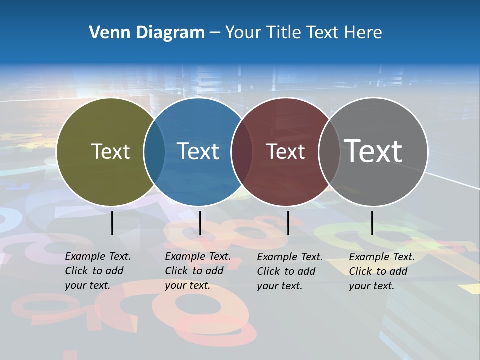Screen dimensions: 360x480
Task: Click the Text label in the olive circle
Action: click(110, 151)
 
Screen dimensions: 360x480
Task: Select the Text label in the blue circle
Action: click(198, 151)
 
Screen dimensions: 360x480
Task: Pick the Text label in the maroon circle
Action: click(285, 151)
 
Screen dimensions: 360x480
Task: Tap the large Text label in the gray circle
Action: click(373, 151)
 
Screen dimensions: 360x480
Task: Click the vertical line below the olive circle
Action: click(112, 223)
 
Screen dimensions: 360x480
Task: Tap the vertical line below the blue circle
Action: click(200, 223)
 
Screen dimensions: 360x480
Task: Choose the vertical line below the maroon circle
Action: click(288, 223)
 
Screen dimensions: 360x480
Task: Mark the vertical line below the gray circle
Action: click(372, 223)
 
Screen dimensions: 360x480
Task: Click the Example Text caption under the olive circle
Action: click(98, 271)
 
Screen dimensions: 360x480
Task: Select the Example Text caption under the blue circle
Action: click(198, 271)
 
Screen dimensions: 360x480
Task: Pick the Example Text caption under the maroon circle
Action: click(290, 271)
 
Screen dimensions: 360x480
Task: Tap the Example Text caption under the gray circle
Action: click(382, 271)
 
